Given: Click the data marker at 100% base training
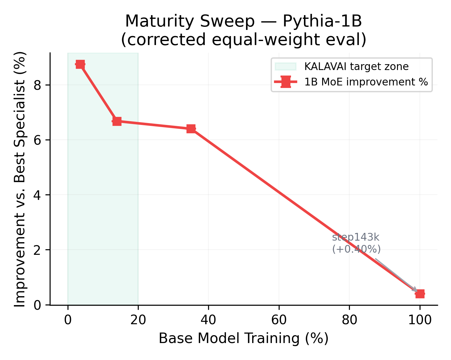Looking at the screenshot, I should tap(420, 294).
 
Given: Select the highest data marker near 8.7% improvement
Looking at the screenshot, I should tap(80, 64).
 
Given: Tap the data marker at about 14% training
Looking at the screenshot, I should tap(117, 121).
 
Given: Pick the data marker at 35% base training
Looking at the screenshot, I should tap(191, 129).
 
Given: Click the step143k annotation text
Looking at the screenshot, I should tap(355, 237).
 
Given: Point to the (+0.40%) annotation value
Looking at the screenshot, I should tap(356, 249).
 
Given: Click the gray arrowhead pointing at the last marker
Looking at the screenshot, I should tap(415, 290).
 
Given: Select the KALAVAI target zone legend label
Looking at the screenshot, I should tap(356, 67).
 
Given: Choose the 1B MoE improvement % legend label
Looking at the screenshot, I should tap(366, 82).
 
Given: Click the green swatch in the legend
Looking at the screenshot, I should tap(285, 67).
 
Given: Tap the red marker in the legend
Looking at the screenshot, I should tap(286, 82).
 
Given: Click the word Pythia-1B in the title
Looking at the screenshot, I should tap(322, 21).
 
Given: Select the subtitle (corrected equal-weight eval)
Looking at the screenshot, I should tap(244, 40).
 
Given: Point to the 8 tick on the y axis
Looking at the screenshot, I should tap(38, 85).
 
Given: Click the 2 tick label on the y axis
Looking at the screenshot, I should tap(38, 250).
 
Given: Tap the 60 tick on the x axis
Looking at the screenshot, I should tap(279, 320).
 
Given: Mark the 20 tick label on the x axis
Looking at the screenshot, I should tap(138, 320).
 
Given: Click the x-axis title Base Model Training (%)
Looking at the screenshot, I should tap(244, 338).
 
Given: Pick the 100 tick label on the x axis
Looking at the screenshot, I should tap(420, 320).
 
